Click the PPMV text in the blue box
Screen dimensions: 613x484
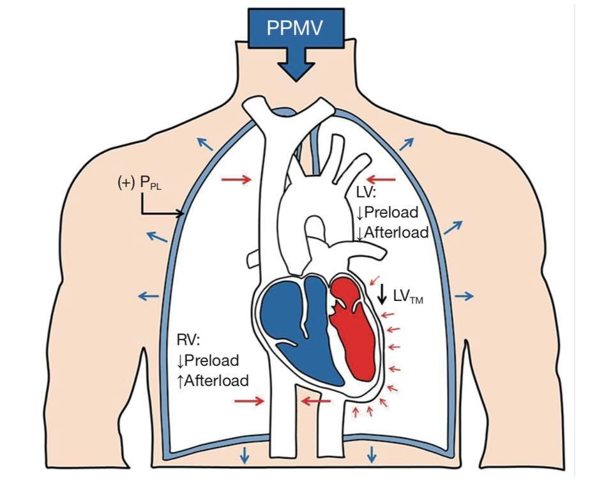295,28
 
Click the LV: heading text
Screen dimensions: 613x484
367,192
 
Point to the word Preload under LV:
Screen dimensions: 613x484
391,212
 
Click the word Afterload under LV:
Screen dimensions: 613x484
397,232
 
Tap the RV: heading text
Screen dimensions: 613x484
188,340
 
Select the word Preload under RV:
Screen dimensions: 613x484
211,360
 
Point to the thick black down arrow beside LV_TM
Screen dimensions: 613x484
382,294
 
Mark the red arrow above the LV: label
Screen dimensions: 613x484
382,180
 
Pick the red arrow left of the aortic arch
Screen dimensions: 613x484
236,179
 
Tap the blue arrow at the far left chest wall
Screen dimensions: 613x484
149,296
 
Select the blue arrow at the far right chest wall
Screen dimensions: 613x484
464,296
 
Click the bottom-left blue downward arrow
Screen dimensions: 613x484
245,455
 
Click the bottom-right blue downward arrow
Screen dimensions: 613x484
372,455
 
